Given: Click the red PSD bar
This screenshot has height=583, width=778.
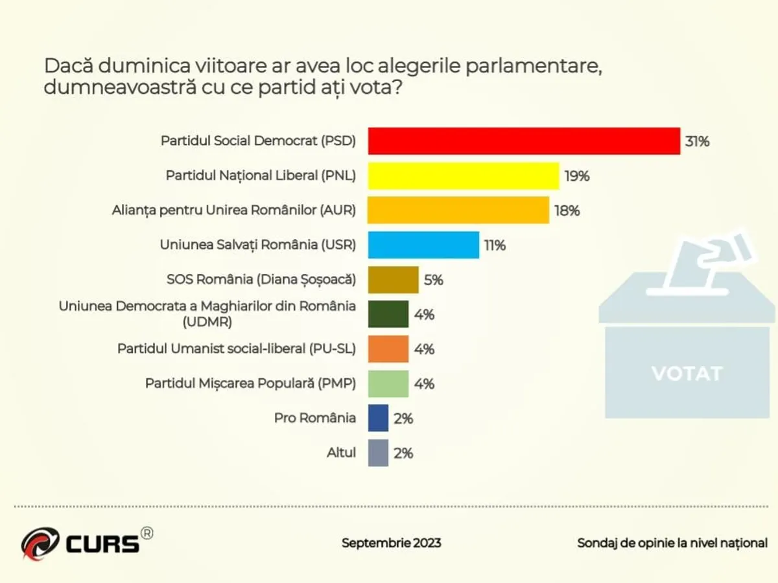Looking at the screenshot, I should tap(524, 141).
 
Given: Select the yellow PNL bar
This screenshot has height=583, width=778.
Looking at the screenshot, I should tap(463, 176).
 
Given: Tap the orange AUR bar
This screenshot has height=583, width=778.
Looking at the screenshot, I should tap(458, 211).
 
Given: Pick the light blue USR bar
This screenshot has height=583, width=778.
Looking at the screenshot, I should tap(423, 245).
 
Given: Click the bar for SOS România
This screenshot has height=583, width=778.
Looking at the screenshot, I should tap(393, 280).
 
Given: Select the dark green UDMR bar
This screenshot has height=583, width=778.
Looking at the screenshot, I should tap(388, 315).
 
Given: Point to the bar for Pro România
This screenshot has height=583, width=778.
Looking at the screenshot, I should tap(378, 418).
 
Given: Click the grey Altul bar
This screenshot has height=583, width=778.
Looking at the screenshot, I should tap(378, 453).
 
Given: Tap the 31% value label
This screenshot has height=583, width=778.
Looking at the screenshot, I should tap(697, 142).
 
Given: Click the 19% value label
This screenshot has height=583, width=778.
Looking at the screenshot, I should tap(576, 176).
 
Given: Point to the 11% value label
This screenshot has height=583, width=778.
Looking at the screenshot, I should tap(494, 246).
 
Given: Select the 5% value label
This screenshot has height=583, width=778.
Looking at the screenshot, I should tap(433, 280).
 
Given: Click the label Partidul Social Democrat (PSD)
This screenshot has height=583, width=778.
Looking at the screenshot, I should tap(258, 141).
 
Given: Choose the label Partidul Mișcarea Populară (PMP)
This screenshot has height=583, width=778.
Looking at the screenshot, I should tap(250, 383).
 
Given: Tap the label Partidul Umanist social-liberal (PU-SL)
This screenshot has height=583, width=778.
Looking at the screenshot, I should tap(237, 349).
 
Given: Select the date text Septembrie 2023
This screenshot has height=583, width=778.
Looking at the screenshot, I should tap(391, 543).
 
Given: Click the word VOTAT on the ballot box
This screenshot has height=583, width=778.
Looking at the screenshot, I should tap(687, 374).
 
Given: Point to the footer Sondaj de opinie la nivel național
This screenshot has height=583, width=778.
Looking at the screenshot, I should tap(672, 543).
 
